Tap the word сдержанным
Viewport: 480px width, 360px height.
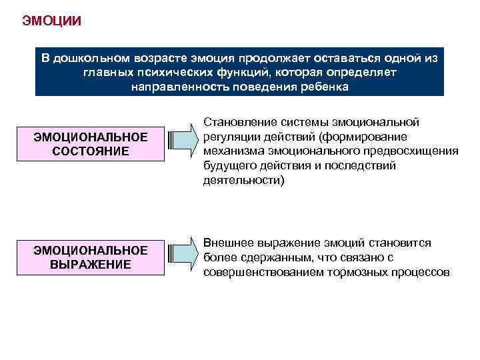coord(263,258)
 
